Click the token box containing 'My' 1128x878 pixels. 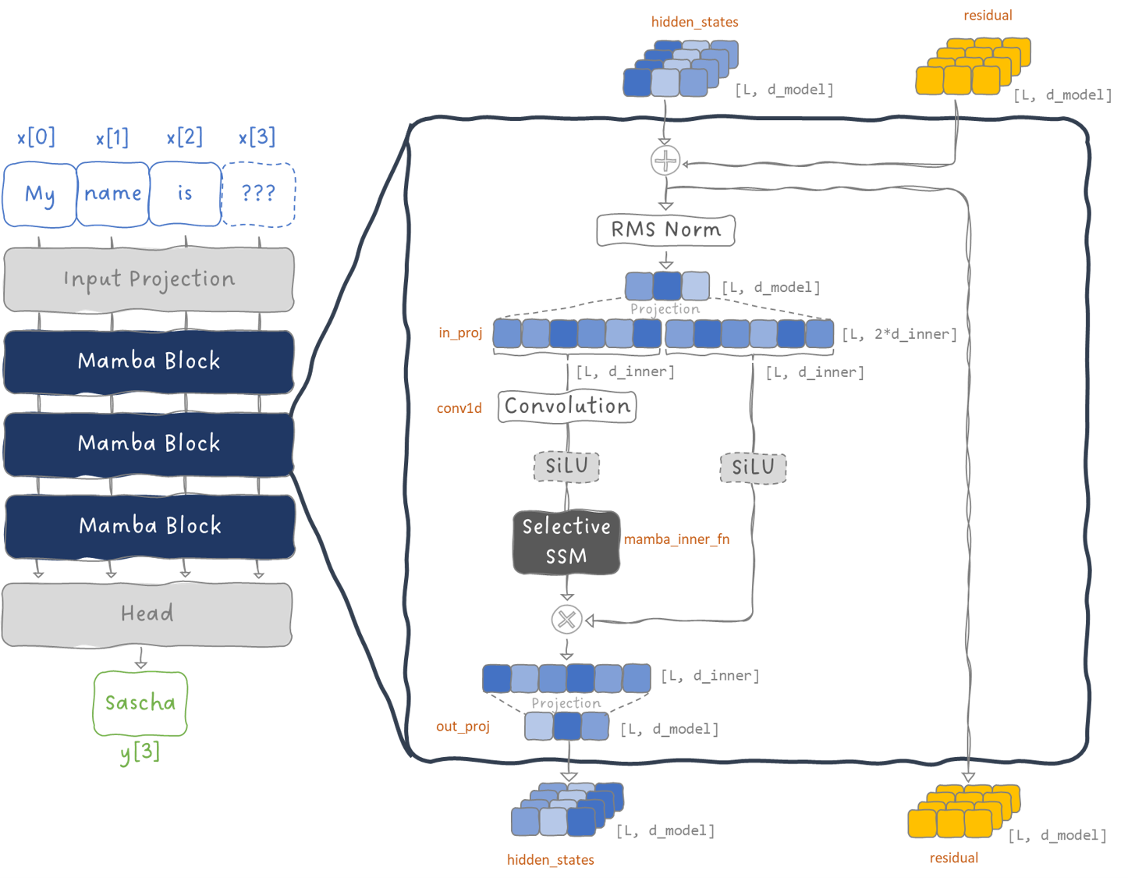pos(40,194)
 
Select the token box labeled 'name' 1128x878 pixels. pos(113,194)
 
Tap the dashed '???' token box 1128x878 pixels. pos(259,194)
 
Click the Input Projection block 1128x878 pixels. pos(149,279)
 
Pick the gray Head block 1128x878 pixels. pos(147,614)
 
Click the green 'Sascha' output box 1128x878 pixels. pos(140,703)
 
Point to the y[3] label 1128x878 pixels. pos(140,752)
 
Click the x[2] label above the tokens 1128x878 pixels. pos(185,137)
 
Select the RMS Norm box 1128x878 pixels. pos(665,230)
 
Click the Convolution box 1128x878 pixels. pos(567,407)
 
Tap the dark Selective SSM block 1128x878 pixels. pos(566,542)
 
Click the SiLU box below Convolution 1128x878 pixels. pos(566,467)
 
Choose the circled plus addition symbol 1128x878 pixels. pos(665,161)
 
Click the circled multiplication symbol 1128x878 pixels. pos(567,620)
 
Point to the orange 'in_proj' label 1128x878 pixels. pos(460,333)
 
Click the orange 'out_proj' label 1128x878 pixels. pos(463,727)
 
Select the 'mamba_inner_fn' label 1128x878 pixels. pos(676,539)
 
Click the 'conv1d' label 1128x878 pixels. pos(459,408)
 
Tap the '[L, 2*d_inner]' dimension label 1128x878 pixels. pos(899,335)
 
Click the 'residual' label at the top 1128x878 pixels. pos(988,16)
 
